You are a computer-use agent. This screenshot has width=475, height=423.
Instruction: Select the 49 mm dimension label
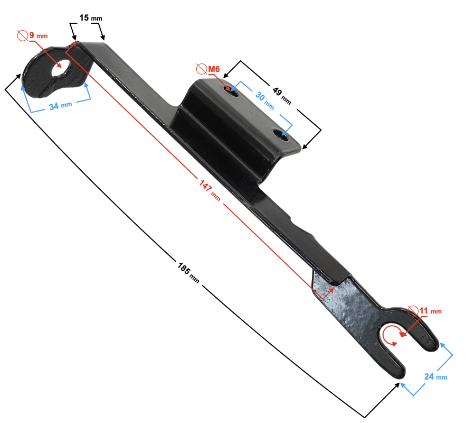pyautogui.click(x=281, y=95)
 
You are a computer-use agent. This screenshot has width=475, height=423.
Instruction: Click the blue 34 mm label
pyautogui.click(x=60, y=106)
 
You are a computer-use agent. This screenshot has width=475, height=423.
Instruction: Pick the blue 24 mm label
pyautogui.click(x=436, y=376)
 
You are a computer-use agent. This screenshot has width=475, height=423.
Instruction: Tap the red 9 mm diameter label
pyautogui.click(x=38, y=35)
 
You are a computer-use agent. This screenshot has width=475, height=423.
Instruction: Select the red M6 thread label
pyautogui.click(x=213, y=69)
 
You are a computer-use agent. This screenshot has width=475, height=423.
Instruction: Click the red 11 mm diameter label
pyautogui.click(x=430, y=311)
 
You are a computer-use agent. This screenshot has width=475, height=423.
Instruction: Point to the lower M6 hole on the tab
pyautogui.click(x=284, y=137)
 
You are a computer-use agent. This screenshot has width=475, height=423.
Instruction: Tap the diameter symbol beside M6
pyautogui.click(x=201, y=69)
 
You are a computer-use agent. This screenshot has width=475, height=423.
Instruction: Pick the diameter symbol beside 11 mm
pyautogui.click(x=413, y=310)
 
